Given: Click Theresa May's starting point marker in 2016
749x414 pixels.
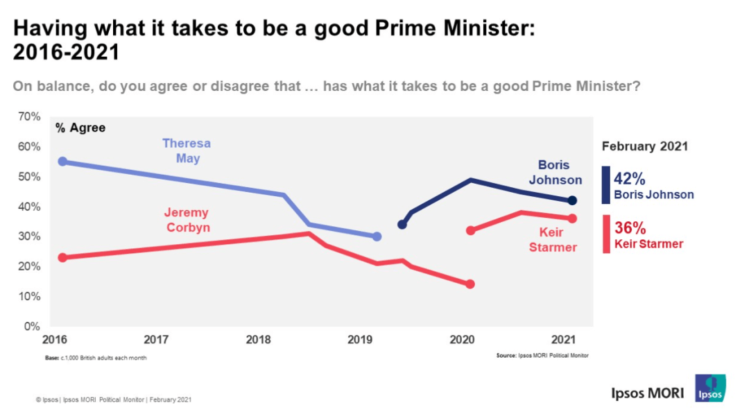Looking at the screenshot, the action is (62, 162).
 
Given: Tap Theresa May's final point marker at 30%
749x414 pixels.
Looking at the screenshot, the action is (377, 236).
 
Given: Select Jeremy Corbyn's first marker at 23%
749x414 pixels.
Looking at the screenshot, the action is (62, 257).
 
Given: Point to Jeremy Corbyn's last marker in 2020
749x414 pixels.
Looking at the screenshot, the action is (470, 284).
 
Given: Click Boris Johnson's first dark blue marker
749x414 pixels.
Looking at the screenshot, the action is (402, 225).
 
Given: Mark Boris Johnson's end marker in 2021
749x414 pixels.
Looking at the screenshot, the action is (572, 200).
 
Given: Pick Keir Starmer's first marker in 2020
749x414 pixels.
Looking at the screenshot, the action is (470, 230).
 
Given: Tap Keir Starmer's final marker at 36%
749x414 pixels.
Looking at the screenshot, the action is (572, 218).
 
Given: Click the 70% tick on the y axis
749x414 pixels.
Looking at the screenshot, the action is (29, 117).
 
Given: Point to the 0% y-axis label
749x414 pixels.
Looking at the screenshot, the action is (32, 326).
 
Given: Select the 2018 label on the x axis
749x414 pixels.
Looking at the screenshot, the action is (258, 340).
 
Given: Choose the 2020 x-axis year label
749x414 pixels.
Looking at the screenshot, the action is (462, 340).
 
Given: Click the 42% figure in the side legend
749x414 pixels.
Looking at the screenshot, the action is (630, 179).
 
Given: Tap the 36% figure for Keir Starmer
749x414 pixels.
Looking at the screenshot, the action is (630, 227).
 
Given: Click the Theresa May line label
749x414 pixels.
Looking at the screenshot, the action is (187, 150).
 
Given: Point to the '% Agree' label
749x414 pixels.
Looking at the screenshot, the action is (80, 128).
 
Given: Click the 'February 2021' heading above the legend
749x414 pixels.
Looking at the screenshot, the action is (645, 146).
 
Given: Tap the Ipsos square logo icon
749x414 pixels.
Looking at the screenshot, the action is (710, 388).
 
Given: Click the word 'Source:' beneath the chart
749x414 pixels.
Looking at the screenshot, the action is (506, 355).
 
